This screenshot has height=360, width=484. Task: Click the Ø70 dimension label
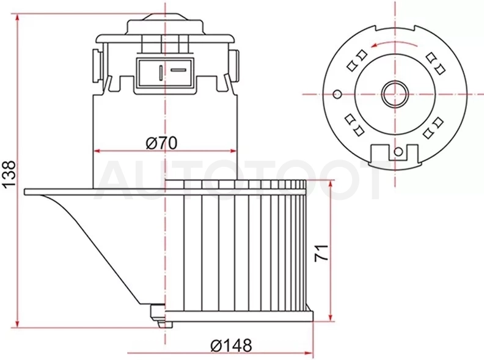tap(162, 143)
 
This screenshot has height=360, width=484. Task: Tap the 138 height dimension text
tap(10, 175)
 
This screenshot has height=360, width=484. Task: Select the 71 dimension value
tap(321, 253)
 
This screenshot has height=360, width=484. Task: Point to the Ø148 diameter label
tap(231, 345)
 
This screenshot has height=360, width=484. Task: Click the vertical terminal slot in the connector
tap(161, 73)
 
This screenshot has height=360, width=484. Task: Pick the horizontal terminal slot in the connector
tap(178, 70)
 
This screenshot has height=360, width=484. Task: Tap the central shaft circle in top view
tap(395, 94)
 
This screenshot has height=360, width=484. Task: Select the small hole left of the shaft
tap(337, 94)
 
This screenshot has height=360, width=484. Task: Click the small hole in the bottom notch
tap(398, 152)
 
